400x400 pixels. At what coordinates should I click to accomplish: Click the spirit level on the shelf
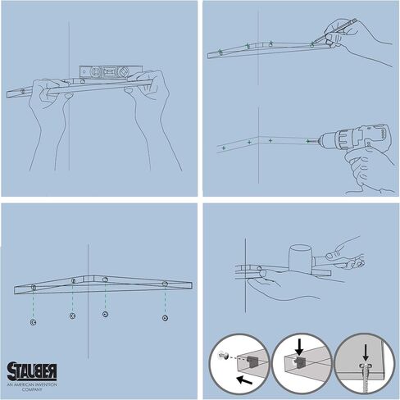click(x=111, y=71)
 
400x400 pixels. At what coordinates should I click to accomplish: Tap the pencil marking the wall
click(x=334, y=30)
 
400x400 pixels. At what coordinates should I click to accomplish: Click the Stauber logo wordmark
click(x=32, y=371)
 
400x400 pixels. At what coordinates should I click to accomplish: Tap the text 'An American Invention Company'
click(x=32, y=387)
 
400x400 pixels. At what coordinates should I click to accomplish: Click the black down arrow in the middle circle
click(x=299, y=347)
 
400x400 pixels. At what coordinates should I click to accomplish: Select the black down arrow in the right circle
click(x=366, y=352)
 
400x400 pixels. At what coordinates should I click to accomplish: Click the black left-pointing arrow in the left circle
click(x=244, y=380)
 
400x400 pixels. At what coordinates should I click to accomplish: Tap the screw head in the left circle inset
click(x=221, y=356)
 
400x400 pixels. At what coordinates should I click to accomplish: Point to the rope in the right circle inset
click(x=365, y=382)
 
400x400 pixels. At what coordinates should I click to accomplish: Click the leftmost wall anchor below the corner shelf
click(x=33, y=322)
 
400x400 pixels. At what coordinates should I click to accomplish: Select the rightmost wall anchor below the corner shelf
click(x=165, y=318)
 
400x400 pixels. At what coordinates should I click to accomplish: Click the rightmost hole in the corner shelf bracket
click(x=165, y=284)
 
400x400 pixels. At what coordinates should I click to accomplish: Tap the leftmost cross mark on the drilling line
click(x=224, y=148)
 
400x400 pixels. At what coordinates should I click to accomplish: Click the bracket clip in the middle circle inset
click(x=300, y=361)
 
